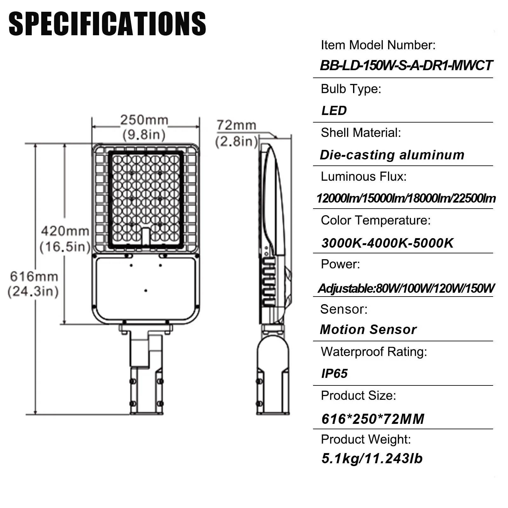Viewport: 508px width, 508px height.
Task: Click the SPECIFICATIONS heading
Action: (x=107, y=24)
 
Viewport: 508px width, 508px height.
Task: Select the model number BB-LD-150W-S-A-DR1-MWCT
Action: (x=406, y=65)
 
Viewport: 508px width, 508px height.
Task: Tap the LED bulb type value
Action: (x=334, y=110)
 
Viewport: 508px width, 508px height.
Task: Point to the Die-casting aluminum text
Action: (x=392, y=155)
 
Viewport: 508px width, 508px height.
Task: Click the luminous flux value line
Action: (x=406, y=198)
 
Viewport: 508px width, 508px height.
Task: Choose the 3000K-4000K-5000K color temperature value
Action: (x=387, y=243)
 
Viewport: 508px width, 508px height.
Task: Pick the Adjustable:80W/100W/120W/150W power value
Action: (x=406, y=288)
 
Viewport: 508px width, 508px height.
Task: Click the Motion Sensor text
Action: (x=368, y=330)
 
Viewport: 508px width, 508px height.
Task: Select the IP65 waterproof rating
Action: (x=334, y=373)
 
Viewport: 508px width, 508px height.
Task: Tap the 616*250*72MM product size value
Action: (x=373, y=419)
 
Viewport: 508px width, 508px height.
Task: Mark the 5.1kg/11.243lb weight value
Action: (x=372, y=458)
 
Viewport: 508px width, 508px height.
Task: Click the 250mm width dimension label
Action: (x=144, y=120)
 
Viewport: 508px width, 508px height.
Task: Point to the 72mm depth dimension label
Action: (x=236, y=125)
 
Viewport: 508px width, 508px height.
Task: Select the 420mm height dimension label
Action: (x=65, y=231)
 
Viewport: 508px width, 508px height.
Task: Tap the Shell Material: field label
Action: (x=361, y=133)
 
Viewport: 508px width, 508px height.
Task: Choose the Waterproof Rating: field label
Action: (x=374, y=352)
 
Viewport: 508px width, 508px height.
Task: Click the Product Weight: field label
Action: (x=366, y=439)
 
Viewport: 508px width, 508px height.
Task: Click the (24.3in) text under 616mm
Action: (x=33, y=291)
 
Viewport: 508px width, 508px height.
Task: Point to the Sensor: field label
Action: (x=344, y=309)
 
